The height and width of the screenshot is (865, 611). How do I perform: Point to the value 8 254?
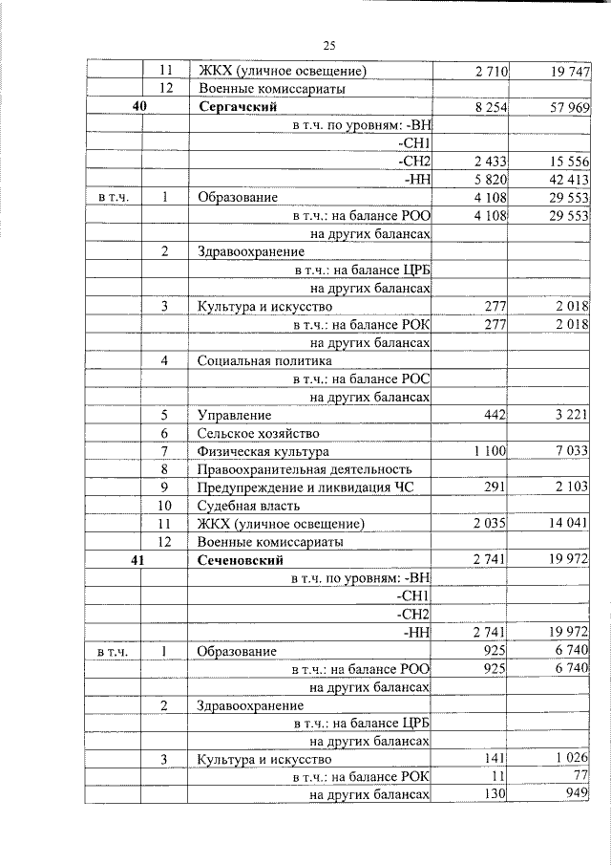click(x=489, y=107)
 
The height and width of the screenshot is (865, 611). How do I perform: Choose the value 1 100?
click(x=489, y=451)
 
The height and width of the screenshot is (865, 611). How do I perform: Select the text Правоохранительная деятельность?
click(x=305, y=469)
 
